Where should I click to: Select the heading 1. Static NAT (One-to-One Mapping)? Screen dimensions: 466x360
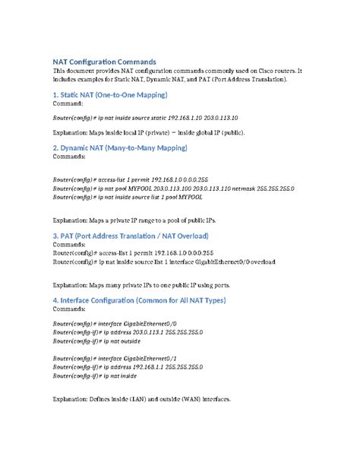tap(109, 94)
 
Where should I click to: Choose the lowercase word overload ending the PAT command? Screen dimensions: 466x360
tap(261, 262)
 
